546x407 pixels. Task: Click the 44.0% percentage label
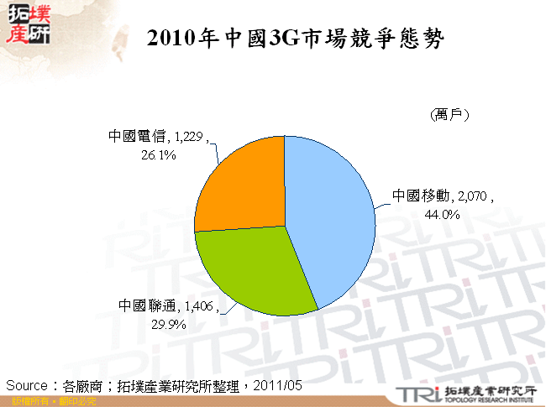[x=444, y=214]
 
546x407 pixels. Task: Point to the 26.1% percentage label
[x=158, y=154]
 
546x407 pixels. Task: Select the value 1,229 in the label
[x=187, y=137]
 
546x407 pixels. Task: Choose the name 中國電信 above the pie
[x=139, y=137]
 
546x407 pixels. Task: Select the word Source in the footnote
[x=28, y=385]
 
